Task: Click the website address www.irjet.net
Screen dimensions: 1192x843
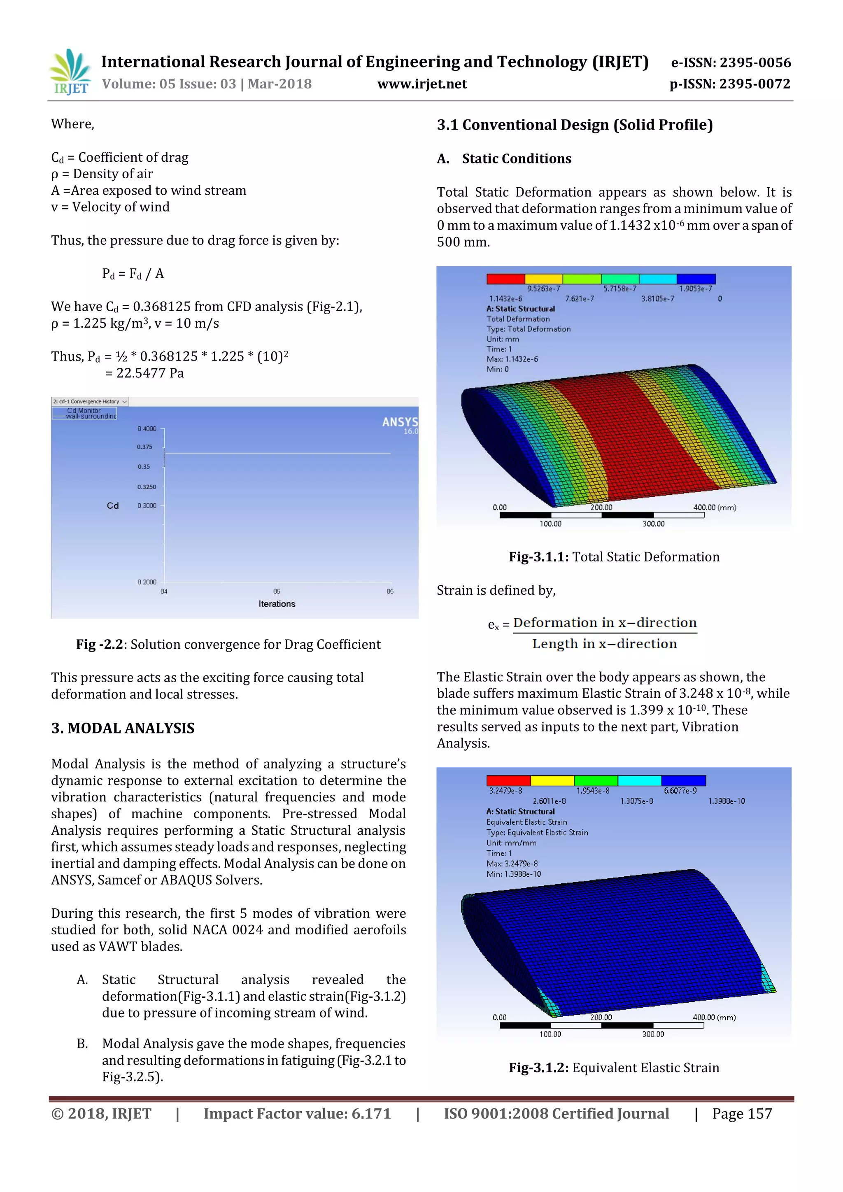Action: tap(421, 84)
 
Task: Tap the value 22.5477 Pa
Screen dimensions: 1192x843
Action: tap(149, 373)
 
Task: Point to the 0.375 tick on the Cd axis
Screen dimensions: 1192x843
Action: tap(145, 447)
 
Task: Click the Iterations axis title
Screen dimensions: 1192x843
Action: tap(277, 604)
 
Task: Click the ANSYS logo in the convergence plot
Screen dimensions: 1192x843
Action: tap(400, 423)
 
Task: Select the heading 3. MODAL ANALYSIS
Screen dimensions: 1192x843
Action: tap(123, 729)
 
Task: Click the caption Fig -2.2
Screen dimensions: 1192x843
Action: tap(100, 644)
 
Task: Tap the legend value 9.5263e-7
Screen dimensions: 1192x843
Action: tap(543, 289)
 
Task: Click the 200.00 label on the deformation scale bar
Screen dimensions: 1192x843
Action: tap(601, 507)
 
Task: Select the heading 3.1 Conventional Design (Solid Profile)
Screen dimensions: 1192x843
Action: tap(575, 125)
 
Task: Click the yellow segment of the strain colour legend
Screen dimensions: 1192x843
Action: tap(552, 781)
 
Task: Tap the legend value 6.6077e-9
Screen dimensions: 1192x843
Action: tap(680, 791)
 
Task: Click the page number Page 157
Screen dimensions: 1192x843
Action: tap(742, 1114)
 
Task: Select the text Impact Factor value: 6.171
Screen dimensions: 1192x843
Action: tap(297, 1114)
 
